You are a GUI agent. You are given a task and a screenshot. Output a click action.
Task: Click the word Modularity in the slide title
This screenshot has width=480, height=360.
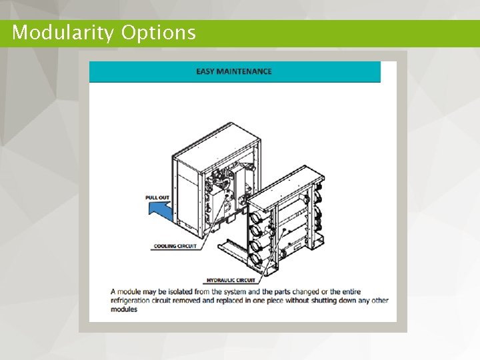pyautogui.click(x=63, y=33)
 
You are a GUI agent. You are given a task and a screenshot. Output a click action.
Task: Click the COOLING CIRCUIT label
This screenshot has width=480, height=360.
pyautogui.click(x=175, y=246)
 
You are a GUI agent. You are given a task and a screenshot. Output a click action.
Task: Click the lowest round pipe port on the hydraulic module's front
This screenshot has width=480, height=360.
pyautogui.click(x=253, y=259)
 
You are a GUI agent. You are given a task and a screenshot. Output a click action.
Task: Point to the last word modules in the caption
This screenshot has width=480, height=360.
pyautogui.click(x=124, y=309)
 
